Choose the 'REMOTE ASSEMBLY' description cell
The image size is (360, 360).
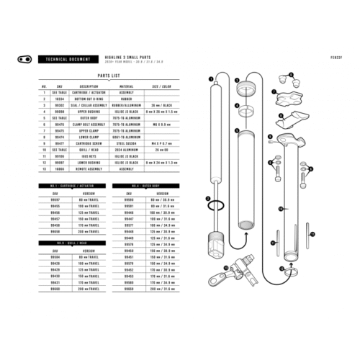[x=74, y=168]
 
